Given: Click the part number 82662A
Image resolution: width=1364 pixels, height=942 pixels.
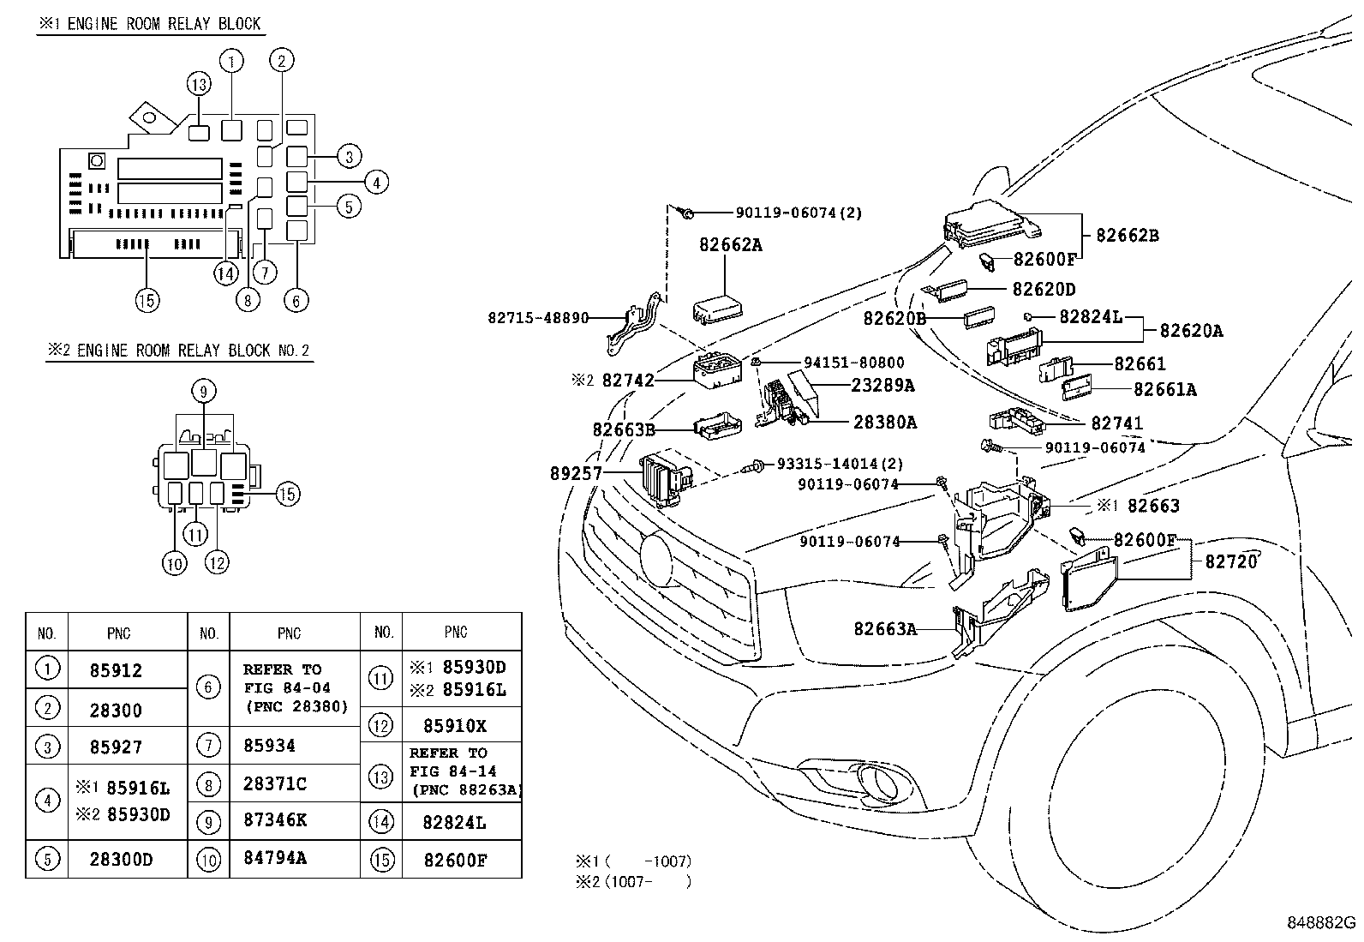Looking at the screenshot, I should click(730, 245).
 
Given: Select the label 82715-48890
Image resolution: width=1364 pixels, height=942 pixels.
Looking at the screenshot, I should click(538, 318).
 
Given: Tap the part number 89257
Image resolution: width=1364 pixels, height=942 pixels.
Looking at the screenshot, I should click(576, 473).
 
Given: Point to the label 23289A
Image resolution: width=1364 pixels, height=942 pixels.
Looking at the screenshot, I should click(882, 386).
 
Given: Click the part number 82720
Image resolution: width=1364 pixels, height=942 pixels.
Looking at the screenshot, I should click(1230, 561).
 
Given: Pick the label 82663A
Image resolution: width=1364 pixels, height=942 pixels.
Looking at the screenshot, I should click(885, 629).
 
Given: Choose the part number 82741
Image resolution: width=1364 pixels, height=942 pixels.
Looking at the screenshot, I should click(1116, 423).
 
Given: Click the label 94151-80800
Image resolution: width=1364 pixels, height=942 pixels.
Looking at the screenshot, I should click(853, 363).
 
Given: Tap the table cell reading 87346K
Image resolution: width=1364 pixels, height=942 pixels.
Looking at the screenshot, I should click(275, 820).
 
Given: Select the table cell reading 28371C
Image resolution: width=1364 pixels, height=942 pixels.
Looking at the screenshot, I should click(275, 783).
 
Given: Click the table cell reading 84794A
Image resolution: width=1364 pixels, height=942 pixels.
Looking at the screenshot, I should click(275, 858).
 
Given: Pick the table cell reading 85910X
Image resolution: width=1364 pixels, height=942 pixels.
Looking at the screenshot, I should click(455, 726).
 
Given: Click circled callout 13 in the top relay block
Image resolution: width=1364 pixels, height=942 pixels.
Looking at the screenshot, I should click(199, 84).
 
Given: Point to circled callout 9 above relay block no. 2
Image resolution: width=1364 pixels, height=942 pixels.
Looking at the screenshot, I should click(203, 392).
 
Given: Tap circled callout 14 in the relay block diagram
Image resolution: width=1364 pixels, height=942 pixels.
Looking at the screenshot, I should click(225, 273).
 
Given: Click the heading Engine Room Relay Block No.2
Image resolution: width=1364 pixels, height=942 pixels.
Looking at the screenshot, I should click(179, 351).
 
